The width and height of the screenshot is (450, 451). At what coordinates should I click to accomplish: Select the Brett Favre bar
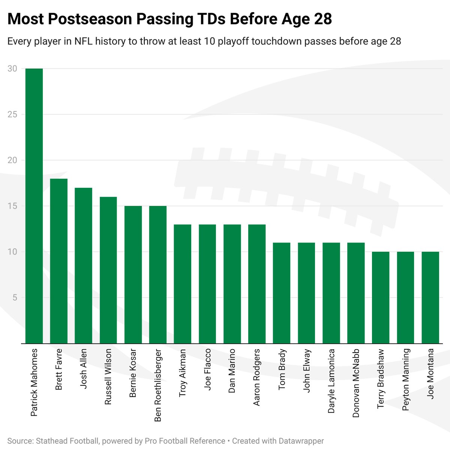point(59,261)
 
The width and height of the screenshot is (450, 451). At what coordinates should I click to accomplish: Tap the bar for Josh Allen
point(84,265)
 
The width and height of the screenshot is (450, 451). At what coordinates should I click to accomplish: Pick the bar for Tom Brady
point(282,293)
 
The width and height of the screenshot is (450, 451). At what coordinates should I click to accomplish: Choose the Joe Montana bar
point(430,297)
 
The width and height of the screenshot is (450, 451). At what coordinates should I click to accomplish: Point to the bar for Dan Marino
point(232,284)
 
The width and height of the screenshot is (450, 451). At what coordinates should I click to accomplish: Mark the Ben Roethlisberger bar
point(158,275)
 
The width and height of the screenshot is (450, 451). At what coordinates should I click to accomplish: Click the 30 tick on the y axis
point(12,69)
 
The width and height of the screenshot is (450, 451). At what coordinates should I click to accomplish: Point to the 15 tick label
point(12,206)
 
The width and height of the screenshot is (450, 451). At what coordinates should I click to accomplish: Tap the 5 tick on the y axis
point(15,298)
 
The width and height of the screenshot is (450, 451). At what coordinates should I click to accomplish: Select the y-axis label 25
point(12,115)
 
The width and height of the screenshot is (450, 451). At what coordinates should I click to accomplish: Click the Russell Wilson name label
point(108,377)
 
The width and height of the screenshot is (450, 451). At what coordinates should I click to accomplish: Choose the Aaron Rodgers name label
point(256,377)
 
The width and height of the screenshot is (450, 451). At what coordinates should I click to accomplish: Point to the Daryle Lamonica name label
point(331,381)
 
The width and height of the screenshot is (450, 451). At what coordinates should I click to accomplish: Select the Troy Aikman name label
point(182,373)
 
